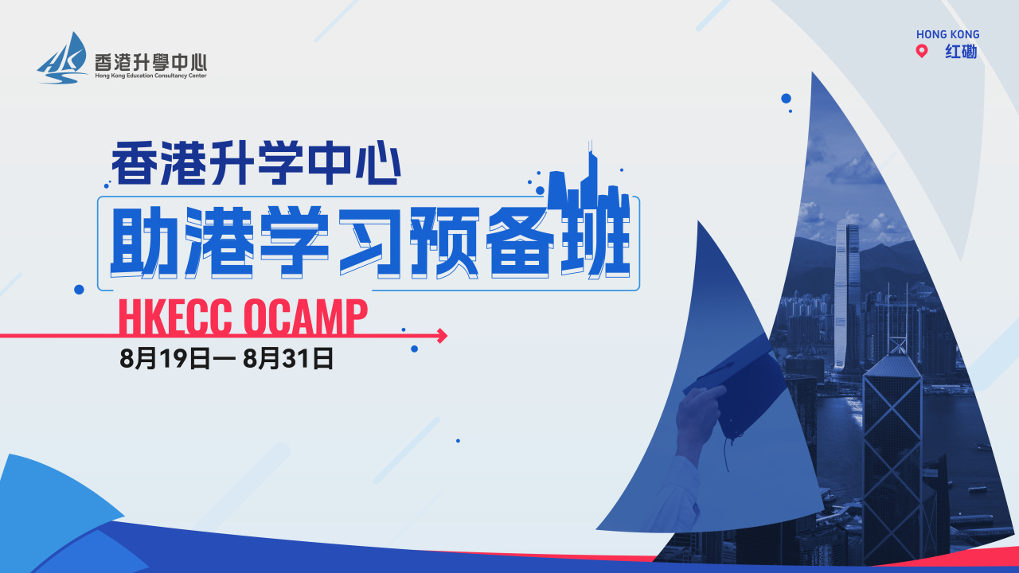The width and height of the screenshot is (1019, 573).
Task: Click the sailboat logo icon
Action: click(62, 58)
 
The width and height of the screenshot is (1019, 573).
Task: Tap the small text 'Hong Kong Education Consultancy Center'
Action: click(150, 76)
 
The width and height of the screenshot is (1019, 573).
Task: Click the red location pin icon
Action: click(922, 51)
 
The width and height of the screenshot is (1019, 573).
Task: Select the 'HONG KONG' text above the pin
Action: click(947, 34)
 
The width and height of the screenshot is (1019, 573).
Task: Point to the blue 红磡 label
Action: click(961, 52)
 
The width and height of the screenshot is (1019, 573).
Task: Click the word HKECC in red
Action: click(175, 317)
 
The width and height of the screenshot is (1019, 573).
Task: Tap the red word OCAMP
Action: click(305, 317)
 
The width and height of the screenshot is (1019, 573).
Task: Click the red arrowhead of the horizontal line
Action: click(442, 336)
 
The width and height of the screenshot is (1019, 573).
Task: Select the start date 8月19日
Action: click(165, 358)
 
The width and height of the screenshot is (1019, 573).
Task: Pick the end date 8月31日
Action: click(288, 358)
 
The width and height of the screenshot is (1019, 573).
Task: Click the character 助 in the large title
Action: click(144, 242)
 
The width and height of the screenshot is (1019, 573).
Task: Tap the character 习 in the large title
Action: click(369, 242)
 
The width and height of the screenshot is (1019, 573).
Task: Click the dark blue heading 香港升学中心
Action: click(256, 163)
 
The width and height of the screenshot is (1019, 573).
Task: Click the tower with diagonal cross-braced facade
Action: click(892, 454)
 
